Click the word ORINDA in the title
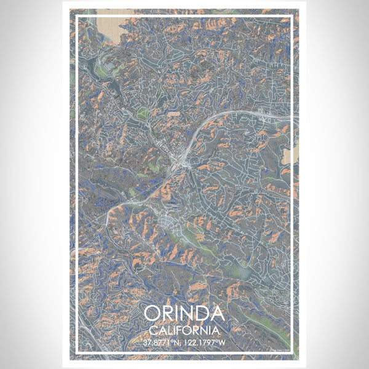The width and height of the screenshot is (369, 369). pyautogui.click(x=184, y=314)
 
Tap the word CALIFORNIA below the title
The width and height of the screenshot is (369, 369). pyautogui.click(x=184, y=330)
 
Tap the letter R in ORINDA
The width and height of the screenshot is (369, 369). pyautogui.click(x=169, y=314)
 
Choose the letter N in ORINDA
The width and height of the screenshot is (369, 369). pyautogui.click(x=186, y=314)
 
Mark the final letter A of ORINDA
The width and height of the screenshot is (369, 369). pyautogui.click(x=216, y=314)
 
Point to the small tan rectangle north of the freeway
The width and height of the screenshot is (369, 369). pyautogui.click(x=173, y=114)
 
